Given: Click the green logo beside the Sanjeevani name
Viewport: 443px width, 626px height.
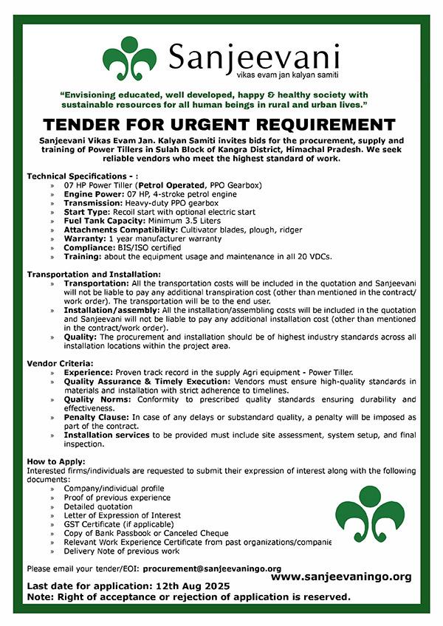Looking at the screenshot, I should [x=130, y=59].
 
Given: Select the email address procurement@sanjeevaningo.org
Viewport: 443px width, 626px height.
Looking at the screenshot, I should [x=212, y=569].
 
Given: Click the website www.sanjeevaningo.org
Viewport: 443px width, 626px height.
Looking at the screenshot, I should [x=341, y=576].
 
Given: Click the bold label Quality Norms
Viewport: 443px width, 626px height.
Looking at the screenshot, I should [x=97, y=399].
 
